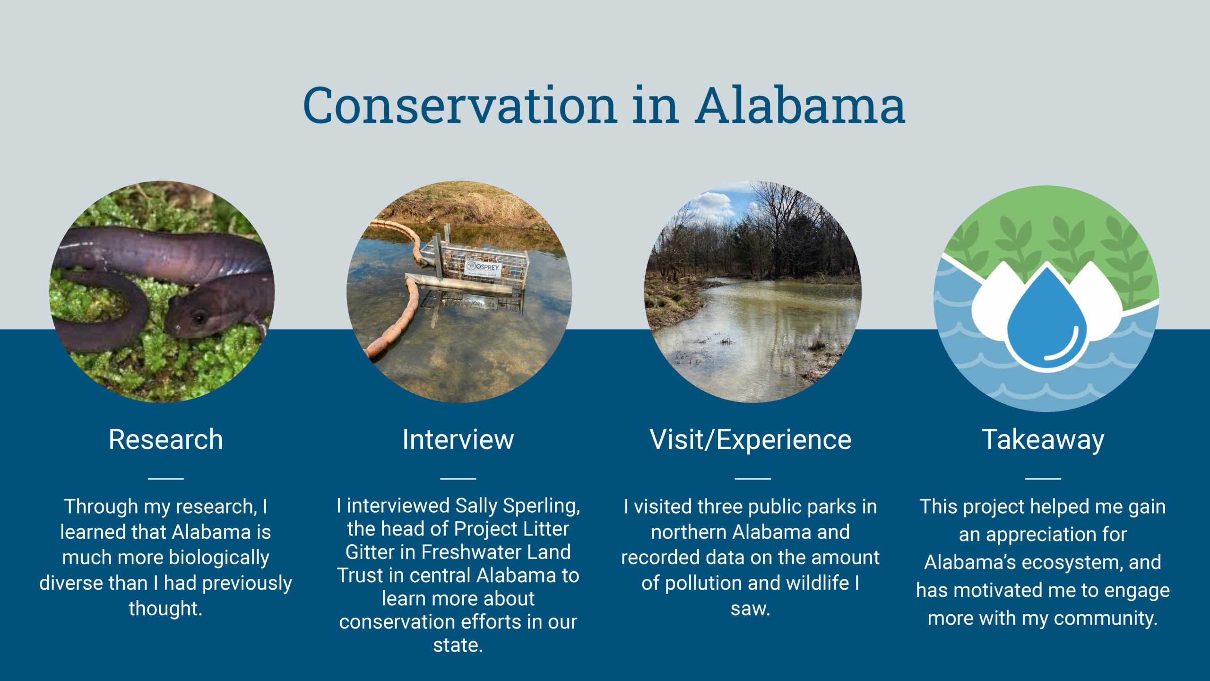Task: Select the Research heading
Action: click(x=166, y=439)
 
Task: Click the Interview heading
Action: click(x=458, y=439)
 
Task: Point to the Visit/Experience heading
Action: click(x=751, y=440)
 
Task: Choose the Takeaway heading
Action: click(x=1043, y=440)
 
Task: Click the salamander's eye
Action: click(x=199, y=318)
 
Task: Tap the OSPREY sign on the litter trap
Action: click(x=484, y=269)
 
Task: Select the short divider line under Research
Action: click(x=166, y=478)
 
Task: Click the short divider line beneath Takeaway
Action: click(x=1043, y=478)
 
